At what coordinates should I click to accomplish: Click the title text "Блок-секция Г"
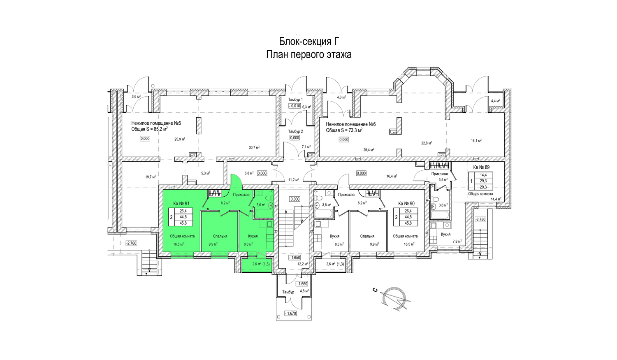point(309,41)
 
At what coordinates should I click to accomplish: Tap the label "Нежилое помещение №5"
point(156,123)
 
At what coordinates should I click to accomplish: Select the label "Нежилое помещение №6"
point(351,124)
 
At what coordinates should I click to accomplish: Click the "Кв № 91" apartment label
point(181,204)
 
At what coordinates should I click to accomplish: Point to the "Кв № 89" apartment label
point(481,167)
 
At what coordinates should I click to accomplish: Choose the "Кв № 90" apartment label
point(406,204)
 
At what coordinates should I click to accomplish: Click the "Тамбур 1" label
point(296,100)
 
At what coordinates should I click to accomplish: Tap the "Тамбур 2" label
point(296,131)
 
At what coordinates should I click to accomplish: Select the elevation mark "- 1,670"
point(290,313)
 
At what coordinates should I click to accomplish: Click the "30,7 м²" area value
point(254,147)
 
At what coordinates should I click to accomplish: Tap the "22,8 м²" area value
point(427,143)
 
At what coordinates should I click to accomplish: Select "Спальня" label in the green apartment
point(220,236)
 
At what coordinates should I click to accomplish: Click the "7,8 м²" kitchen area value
point(457,241)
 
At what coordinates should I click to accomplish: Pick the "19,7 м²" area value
point(151,177)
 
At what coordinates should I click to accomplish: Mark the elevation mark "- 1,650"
point(295,258)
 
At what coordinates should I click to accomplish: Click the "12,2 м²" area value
point(303,264)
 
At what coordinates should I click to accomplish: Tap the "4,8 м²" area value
point(304,290)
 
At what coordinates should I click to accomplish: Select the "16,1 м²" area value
point(476,140)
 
